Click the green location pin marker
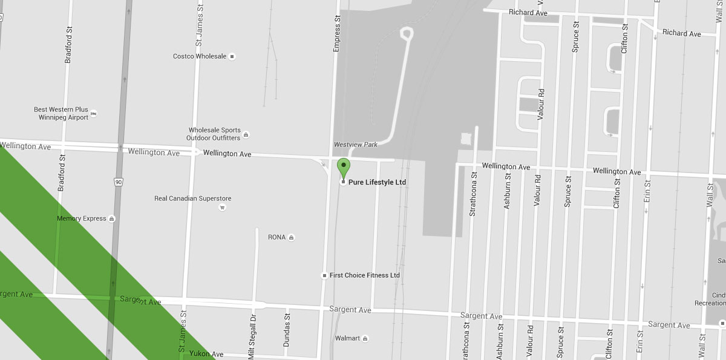(x=343, y=166)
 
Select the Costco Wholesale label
(x=200, y=56)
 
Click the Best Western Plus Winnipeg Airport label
(x=61, y=114)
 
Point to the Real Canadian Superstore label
(x=193, y=198)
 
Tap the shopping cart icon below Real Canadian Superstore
(x=222, y=208)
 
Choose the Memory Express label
(x=82, y=218)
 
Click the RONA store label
(x=276, y=237)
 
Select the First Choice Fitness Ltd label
(x=365, y=275)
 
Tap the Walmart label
(x=347, y=338)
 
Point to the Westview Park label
(x=356, y=145)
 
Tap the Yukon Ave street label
(x=206, y=353)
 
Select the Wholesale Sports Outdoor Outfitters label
(x=214, y=134)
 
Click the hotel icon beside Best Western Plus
(x=94, y=113)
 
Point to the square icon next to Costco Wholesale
(x=232, y=56)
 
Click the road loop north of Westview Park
(x=407, y=33)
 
